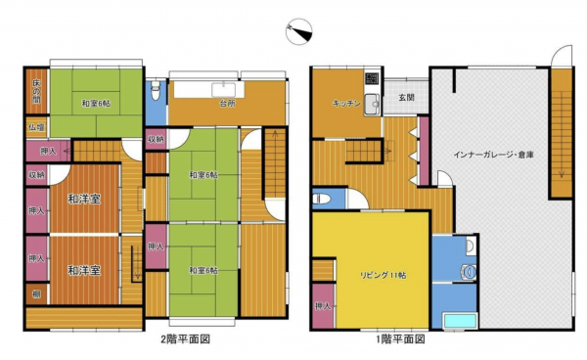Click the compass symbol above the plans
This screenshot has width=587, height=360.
point(298,34)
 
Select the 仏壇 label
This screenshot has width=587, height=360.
point(35,127)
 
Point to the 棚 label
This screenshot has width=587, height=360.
point(34,292)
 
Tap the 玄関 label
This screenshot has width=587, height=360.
point(405,97)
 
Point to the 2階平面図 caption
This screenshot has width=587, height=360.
point(185,339)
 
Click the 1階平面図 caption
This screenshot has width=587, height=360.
point(401,339)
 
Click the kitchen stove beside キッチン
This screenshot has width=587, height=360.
point(372,79)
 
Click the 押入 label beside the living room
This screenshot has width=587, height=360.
point(323,309)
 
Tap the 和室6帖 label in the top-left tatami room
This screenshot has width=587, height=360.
point(95,105)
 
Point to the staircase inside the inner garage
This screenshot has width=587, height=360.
point(561,127)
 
